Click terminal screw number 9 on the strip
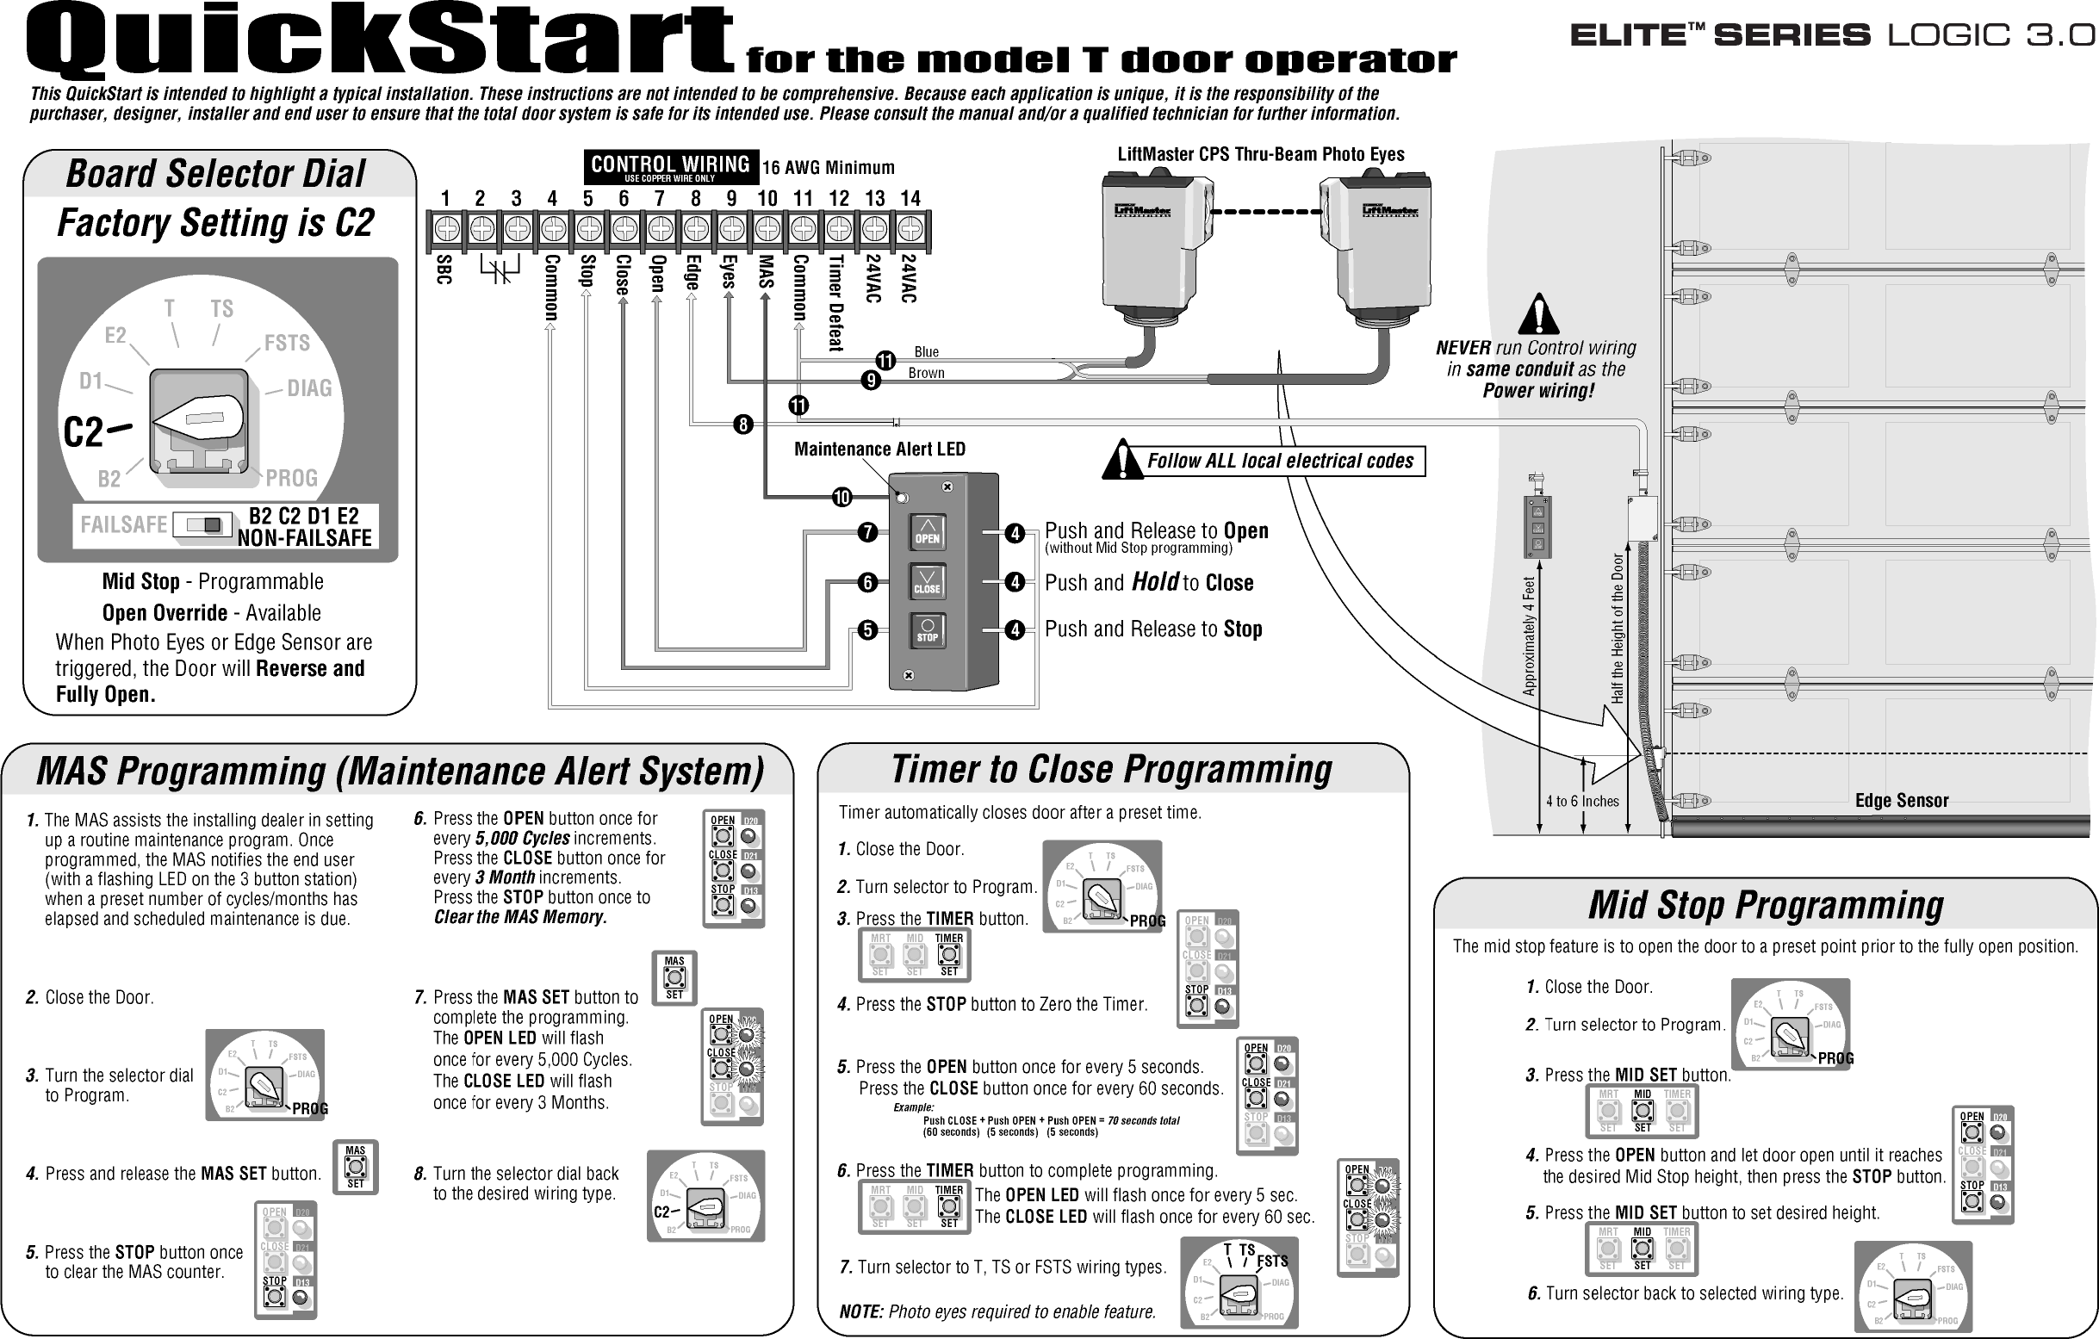731,229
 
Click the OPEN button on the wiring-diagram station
928,532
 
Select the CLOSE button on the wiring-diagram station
928,580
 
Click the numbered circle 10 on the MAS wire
841,498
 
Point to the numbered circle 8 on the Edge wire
742,425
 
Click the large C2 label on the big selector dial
84,431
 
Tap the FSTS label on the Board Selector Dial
287,343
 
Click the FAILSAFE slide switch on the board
202,524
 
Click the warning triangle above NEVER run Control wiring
1538,315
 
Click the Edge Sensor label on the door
1901,800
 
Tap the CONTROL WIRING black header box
670,166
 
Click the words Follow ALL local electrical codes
1280,462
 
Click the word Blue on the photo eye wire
926,352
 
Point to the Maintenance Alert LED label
879,449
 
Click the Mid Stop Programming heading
1765,905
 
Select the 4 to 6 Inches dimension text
1582,801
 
